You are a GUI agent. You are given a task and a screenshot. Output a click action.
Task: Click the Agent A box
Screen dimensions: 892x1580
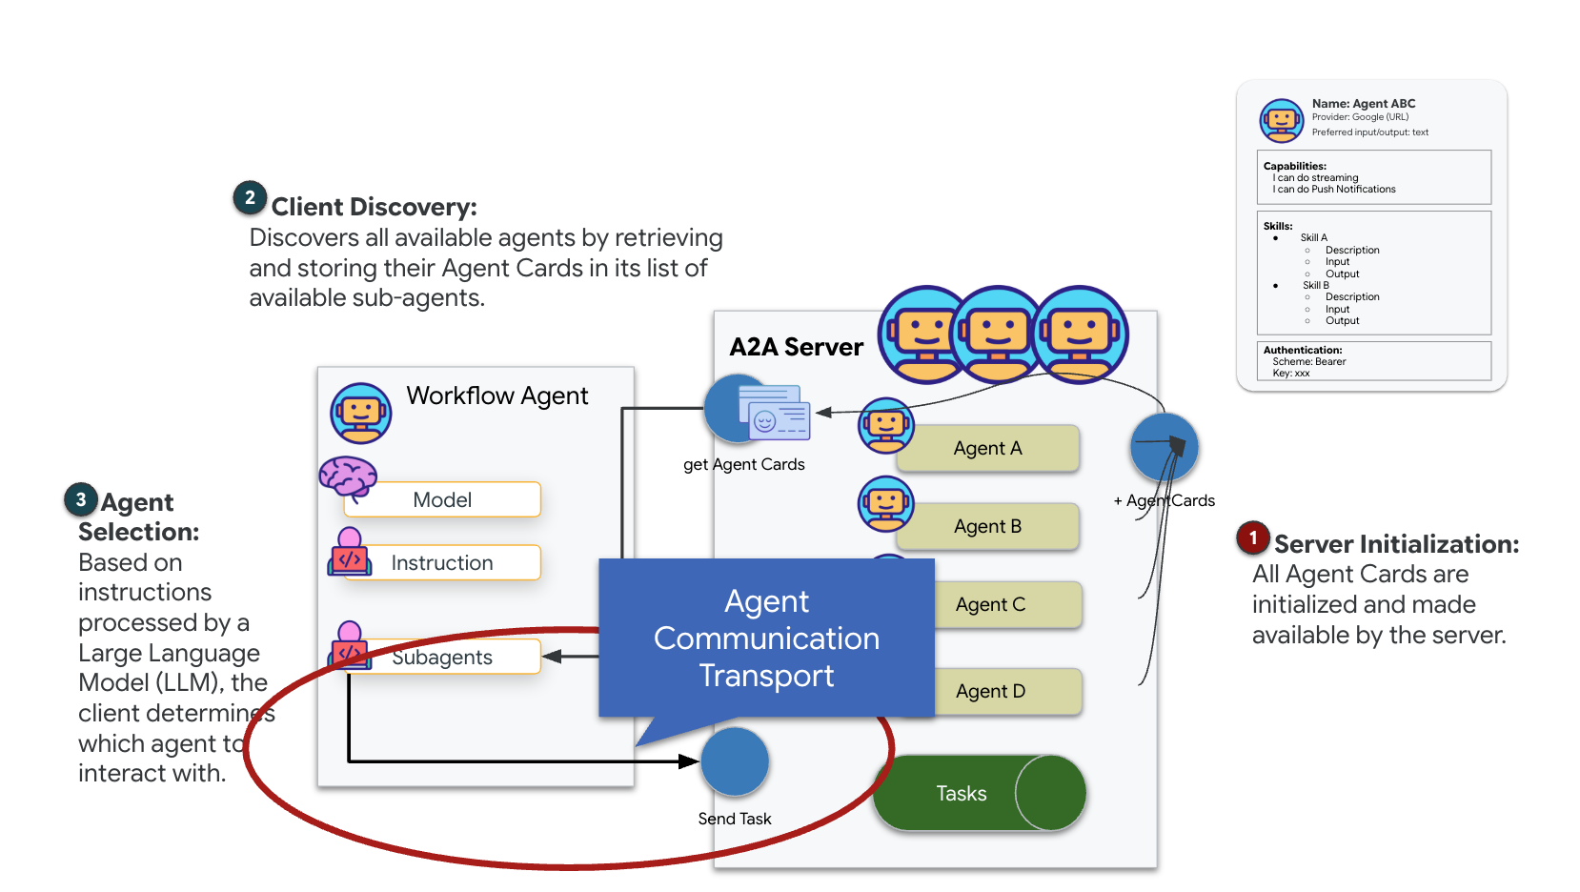pyautogui.click(x=987, y=448)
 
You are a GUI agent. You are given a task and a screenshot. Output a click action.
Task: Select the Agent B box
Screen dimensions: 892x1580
pyautogui.click(x=987, y=526)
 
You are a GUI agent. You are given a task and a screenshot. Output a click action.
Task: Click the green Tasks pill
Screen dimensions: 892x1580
pyautogui.click(x=962, y=793)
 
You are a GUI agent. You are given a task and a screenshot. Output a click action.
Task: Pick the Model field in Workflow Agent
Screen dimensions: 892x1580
pyautogui.click(x=443, y=499)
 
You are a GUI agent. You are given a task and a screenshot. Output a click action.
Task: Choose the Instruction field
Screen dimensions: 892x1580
pyautogui.click(x=443, y=562)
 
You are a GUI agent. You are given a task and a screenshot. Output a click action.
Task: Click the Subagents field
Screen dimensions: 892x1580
pyautogui.click(x=443, y=657)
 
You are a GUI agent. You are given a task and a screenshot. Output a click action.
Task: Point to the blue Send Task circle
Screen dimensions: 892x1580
pyautogui.click(x=735, y=761)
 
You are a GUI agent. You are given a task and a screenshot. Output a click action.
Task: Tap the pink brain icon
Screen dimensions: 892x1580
pyautogui.click(x=348, y=476)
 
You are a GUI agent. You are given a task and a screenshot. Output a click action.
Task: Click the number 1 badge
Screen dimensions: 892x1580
pyautogui.click(x=1253, y=538)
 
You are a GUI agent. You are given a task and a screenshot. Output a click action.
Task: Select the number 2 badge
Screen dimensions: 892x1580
pyautogui.click(x=250, y=198)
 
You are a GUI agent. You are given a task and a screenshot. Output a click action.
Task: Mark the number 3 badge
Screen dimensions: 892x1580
pyautogui.click(x=81, y=499)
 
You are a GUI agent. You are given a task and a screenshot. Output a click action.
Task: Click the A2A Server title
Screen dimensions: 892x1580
pyautogui.click(x=796, y=347)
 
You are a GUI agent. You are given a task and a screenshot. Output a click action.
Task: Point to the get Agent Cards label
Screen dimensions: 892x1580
pyautogui.click(x=743, y=464)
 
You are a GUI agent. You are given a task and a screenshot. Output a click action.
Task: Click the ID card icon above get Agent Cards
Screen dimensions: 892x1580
pyautogui.click(x=778, y=412)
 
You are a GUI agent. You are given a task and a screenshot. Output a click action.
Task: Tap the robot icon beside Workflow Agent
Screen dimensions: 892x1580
pyautogui.click(x=361, y=413)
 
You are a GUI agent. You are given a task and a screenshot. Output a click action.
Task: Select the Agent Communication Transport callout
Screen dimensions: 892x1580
pyautogui.click(x=766, y=638)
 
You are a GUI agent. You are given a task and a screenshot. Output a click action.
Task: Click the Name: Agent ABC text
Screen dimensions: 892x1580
pyautogui.click(x=1363, y=104)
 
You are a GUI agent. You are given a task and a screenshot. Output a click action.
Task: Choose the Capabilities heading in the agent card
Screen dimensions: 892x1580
pyautogui.click(x=1294, y=166)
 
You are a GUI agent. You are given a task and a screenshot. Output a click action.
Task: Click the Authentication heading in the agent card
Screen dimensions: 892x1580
pyautogui.click(x=1302, y=350)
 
